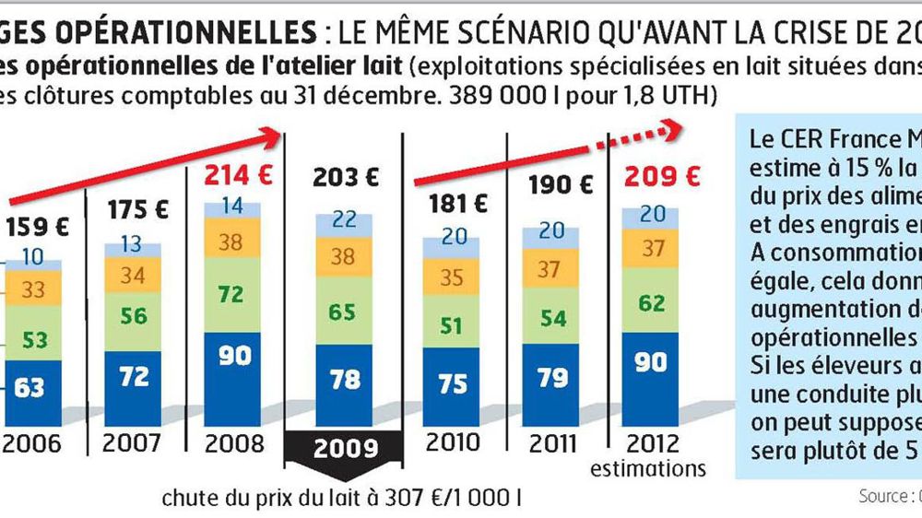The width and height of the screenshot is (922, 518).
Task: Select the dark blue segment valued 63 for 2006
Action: (x=30, y=386)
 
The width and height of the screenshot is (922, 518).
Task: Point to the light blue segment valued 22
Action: (x=341, y=220)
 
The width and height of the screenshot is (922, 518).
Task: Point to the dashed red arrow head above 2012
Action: (x=669, y=132)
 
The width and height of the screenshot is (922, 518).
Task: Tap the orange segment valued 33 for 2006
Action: (x=33, y=289)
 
